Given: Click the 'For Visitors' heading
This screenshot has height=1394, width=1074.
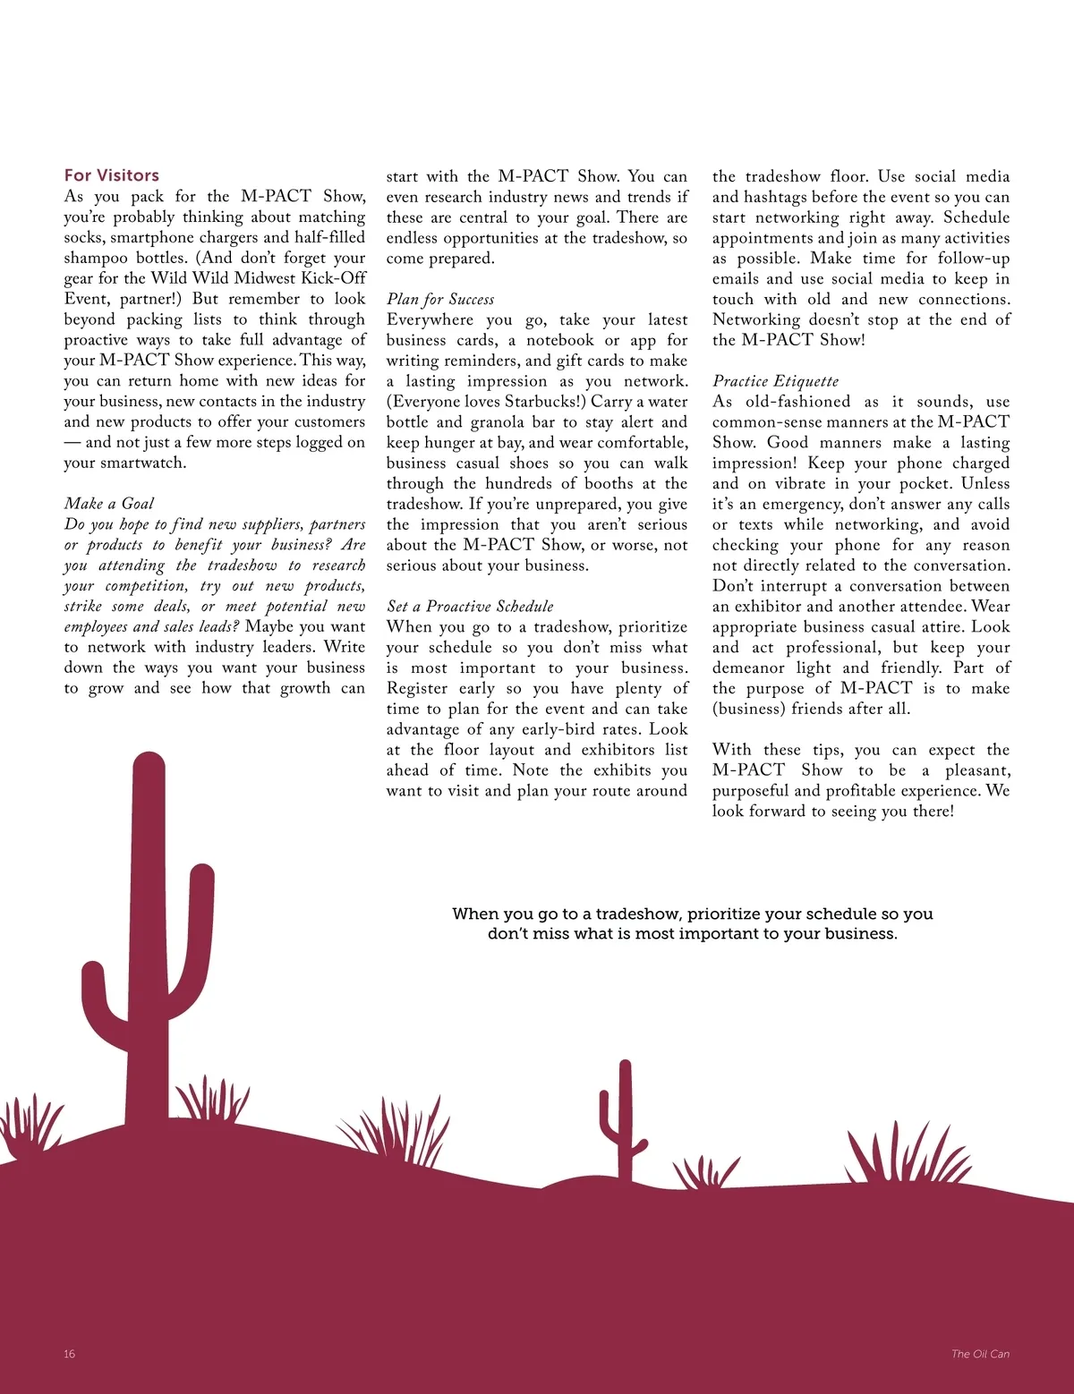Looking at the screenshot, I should [111, 175].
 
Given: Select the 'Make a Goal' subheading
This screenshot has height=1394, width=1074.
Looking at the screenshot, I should [108, 504].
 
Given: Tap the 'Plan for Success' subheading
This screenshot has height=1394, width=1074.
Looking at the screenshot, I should [439, 299].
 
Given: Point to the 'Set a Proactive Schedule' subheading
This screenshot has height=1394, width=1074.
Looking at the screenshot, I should [470, 607].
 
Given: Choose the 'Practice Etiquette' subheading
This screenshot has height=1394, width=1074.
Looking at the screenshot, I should [775, 381].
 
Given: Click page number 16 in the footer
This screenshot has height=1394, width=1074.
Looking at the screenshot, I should [69, 1354].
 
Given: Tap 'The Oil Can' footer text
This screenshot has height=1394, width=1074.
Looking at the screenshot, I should [980, 1354].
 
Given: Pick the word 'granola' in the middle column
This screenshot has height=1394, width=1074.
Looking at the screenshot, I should [499, 422].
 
